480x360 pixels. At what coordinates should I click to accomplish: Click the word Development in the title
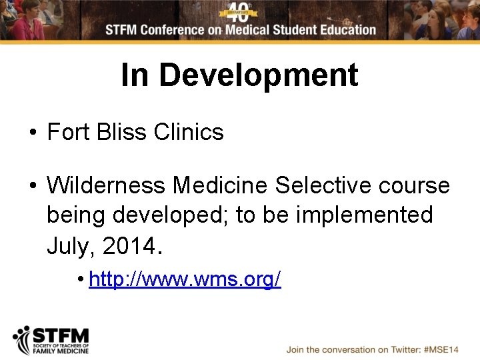point(259,75)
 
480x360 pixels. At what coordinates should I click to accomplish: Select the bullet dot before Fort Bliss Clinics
point(33,133)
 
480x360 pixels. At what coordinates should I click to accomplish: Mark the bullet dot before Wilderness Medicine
point(33,186)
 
